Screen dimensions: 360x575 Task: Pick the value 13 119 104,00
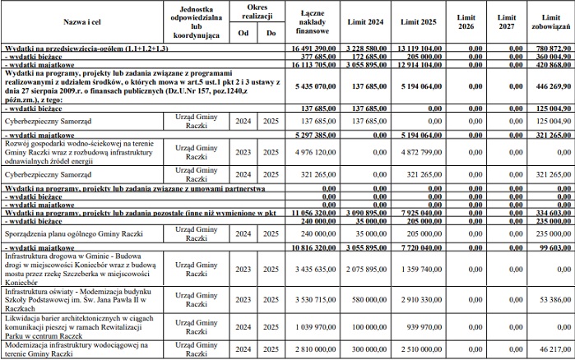pyautogui.click(x=425, y=49)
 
